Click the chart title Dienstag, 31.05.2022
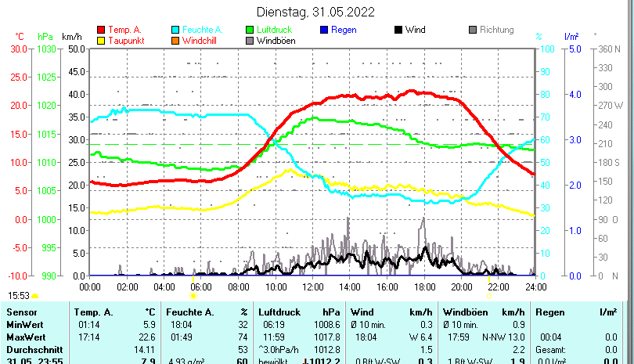pyautogui.click(x=315, y=12)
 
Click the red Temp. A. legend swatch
pyautogui.click(x=100, y=30)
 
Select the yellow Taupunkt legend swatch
pyautogui.click(x=100, y=41)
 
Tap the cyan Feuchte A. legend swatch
pyautogui.click(x=175, y=30)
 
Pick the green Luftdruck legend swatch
pyautogui.click(x=250, y=30)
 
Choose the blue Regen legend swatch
pyautogui.click(x=325, y=30)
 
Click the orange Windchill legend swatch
pyautogui.click(x=175, y=41)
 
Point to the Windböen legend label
pyautogui.click(x=276, y=41)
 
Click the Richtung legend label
pyautogui.click(x=496, y=30)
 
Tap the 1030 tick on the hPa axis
pyautogui.click(x=46, y=49)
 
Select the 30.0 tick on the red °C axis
pyautogui.click(x=19, y=49)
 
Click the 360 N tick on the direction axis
pyautogui.click(x=609, y=49)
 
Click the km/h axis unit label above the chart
pyautogui.click(x=71, y=37)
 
